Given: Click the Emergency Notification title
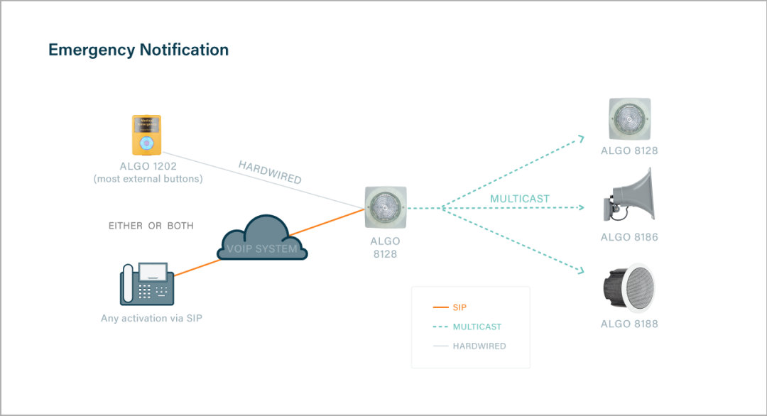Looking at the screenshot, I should [138, 50].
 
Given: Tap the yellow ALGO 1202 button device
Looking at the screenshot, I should [146, 135].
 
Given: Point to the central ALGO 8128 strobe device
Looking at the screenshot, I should [386, 207].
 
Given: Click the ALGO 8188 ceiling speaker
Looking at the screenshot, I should [629, 288].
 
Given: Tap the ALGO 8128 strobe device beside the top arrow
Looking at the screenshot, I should [629, 119].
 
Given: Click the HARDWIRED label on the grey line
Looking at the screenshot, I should [270, 173].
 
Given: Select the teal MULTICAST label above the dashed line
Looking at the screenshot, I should [520, 199].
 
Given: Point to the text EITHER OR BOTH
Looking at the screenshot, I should [151, 226].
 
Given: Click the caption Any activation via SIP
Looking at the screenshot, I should [151, 318].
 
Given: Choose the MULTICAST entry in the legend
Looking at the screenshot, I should [477, 327].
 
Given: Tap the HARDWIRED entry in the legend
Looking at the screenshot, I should [479, 346].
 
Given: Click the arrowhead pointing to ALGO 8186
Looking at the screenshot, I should [581, 208].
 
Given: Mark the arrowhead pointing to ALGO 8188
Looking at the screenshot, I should [581, 271].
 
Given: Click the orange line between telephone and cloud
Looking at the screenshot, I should [197, 266].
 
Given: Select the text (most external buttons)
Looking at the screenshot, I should [148, 179].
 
